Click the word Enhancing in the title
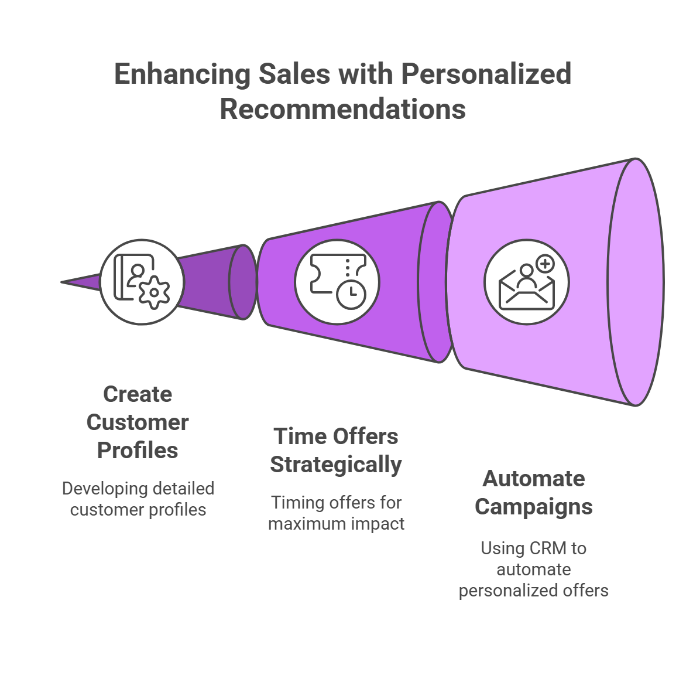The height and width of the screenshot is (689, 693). [182, 74]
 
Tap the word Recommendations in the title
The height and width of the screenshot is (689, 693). [343, 109]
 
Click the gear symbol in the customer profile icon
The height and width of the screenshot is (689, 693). [155, 292]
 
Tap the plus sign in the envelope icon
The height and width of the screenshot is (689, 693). [546, 264]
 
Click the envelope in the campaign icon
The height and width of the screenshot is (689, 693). [526, 292]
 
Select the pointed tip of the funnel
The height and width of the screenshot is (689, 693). [62, 282]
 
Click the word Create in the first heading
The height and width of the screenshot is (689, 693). [138, 394]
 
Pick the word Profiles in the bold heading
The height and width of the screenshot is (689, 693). [138, 451]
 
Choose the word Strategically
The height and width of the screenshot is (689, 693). [336, 465]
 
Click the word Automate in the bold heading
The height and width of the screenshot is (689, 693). [534, 478]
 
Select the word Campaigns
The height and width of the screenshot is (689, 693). [534, 507]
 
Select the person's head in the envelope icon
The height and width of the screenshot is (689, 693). [526, 270]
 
